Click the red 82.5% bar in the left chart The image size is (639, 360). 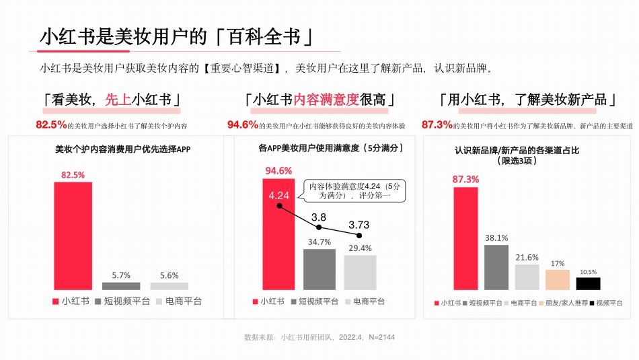[x=73, y=236]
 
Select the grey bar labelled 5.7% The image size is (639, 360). [x=121, y=286]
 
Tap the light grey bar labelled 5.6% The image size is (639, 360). [x=170, y=286]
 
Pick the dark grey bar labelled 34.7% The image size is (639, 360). [x=319, y=269]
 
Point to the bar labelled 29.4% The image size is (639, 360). [x=360, y=272]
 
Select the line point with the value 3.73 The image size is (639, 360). [x=359, y=236]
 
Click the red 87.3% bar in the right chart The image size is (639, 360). [x=465, y=238]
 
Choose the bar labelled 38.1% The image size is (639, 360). [x=496, y=267]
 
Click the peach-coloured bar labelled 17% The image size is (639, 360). [x=558, y=279]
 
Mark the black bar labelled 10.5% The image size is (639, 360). [x=588, y=283]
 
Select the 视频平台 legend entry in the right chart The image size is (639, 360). [x=605, y=303]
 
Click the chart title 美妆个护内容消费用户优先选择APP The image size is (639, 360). [x=122, y=149]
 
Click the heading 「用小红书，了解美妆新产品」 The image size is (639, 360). [x=527, y=100]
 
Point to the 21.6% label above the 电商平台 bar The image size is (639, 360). [x=527, y=257]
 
